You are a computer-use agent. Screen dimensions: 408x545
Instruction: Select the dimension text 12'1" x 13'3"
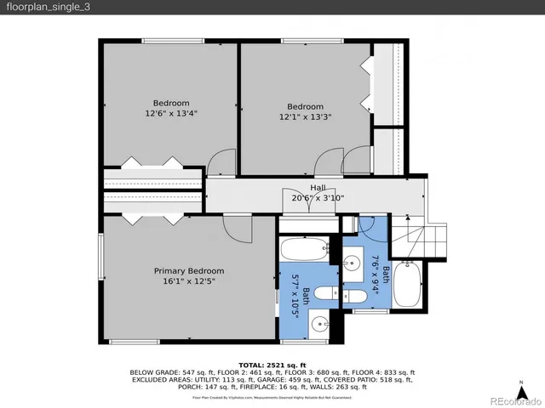(305, 117)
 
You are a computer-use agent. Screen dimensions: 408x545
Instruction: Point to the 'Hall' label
(318, 188)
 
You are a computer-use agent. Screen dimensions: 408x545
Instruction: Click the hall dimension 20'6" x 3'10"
(318, 198)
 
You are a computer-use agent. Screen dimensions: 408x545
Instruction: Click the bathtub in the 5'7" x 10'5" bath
(304, 252)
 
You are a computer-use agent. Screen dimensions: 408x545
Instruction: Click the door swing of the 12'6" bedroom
(222, 161)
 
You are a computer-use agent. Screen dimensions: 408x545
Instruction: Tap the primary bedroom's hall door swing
(234, 226)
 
